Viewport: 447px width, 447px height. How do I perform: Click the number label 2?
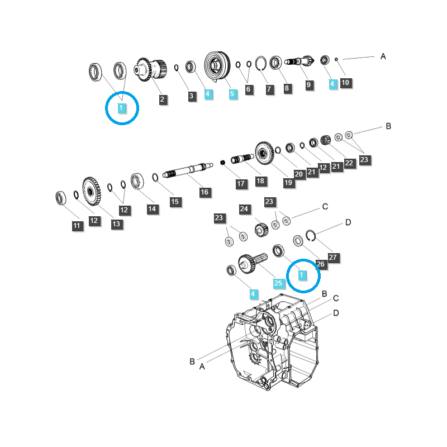pyautogui.click(x=162, y=99)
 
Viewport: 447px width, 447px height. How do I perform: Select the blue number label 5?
pyautogui.click(x=232, y=93)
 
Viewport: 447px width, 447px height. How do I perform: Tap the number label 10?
pyautogui.click(x=345, y=83)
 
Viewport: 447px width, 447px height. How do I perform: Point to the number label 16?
pyautogui.click(x=205, y=192)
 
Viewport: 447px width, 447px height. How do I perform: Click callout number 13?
pyautogui.click(x=116, y=224)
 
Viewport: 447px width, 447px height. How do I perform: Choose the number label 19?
pyautogui.click(x=288, y=182)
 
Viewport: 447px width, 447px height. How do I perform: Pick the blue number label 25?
pyautogui.click(x=278, y=283)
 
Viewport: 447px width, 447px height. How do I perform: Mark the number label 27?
pyautogui.click(x=332, y=258)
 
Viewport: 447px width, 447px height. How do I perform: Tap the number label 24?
pyautogui.click(x=244, y=209)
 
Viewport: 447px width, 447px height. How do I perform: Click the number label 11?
pyautogui.click(x=77, y=226)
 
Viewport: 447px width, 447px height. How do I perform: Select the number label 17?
pyautogui.click(x=241, y=183)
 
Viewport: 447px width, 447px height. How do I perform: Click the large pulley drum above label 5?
pyautogui.click(x=217, y=65)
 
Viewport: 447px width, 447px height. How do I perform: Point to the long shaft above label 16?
pyautogui.click(x=188, y=170)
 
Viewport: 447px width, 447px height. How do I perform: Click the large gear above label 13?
pyautogui.click(x=91, y=191)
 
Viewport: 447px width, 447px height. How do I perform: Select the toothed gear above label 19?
pyautogui.click(x=264, y=153)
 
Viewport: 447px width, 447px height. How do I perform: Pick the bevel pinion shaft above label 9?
pyautogui.click(x=299, y=61)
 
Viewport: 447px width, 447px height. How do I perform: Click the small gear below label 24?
pyautogui.click(x=261, y=230)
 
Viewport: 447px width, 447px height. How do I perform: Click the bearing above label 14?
pyautogui.click(x=137, y=181)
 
